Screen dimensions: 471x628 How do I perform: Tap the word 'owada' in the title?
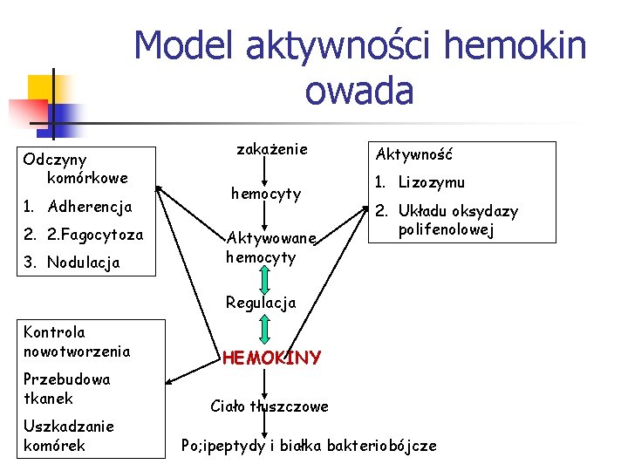(359, 90)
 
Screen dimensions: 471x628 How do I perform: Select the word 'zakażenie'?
(272, 149)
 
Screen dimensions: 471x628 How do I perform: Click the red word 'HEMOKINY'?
(271, 358)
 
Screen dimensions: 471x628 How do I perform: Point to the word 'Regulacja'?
(261, 303)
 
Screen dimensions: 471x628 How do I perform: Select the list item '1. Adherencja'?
(78, 208)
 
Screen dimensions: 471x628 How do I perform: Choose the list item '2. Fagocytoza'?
(83, 235)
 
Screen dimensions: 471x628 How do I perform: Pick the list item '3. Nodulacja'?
(72, 263)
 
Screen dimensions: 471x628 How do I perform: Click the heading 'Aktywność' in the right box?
(413, 154)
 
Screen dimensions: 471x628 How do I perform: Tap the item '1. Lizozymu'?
(420, 182)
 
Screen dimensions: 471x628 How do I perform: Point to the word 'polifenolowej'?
(446, 230)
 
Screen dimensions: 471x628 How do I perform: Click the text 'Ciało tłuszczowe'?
(270, 406)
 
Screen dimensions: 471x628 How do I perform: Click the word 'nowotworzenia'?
(77, 352)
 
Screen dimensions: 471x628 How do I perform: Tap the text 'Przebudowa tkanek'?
(67, 389)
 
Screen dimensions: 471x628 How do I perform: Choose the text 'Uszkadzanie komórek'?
(69, 435)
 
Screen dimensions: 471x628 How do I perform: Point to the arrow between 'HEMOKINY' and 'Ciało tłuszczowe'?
(264, 380)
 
